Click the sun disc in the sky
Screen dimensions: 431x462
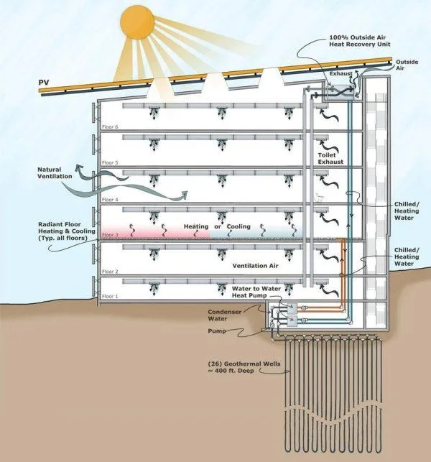[x=137, y=22]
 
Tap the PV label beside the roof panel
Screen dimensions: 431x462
[x=44, y=82]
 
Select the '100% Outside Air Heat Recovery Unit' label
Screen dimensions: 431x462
[x=359, y=41]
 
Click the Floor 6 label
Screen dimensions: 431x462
[x=110, y=127]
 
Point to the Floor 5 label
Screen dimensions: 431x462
[x=110, y=162]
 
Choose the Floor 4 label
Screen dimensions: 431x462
[x=110, y=200]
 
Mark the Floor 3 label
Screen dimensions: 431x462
[x=110, y=235]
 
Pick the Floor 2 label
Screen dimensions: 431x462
[x=110, y=272]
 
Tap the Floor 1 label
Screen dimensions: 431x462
[x=110, y=297]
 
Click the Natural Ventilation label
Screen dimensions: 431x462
[x=55, y=173]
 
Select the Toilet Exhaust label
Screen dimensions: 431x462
[x=330, y=158]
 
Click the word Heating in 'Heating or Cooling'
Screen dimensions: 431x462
[x=196, y=226]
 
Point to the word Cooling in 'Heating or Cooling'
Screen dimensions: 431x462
[x=238, y=226]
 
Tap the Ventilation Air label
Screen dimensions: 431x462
[x=255, y=266]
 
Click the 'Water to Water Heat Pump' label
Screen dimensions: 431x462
[x=256, y=292]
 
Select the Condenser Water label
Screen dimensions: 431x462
[x=225, y=315]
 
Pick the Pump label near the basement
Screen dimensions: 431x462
[x=217, y=331]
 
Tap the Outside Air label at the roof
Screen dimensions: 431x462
[x=407, y=65]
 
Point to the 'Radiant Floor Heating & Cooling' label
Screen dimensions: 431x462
[x=67, y=231]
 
